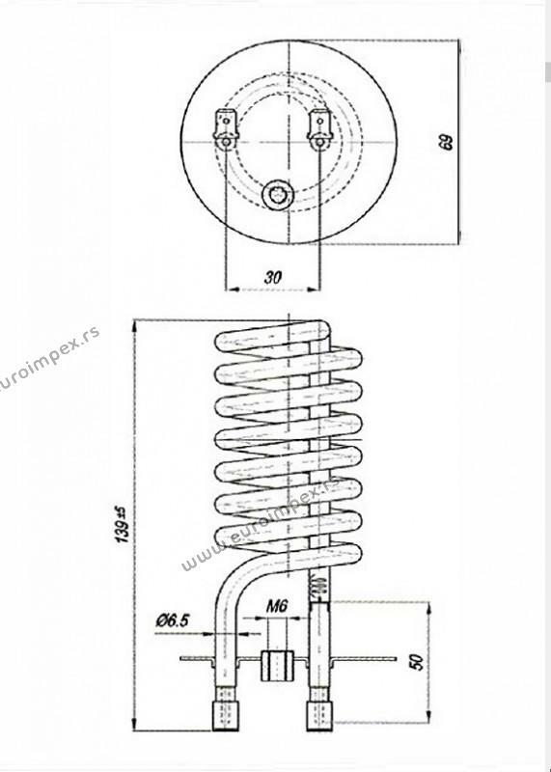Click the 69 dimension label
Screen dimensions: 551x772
(447, 141)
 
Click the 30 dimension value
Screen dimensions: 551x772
(273, 277)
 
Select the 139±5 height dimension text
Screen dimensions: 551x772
(124, 524)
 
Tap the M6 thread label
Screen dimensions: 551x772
(277, 606)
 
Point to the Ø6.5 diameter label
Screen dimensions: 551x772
(173, 620)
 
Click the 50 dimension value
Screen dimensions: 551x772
(417, 662)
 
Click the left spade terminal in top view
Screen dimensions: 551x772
(226, 127)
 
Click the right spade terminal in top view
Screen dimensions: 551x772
(320, 127)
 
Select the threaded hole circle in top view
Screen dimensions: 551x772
(276, 195)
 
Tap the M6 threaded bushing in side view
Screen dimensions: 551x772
(277, 666)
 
